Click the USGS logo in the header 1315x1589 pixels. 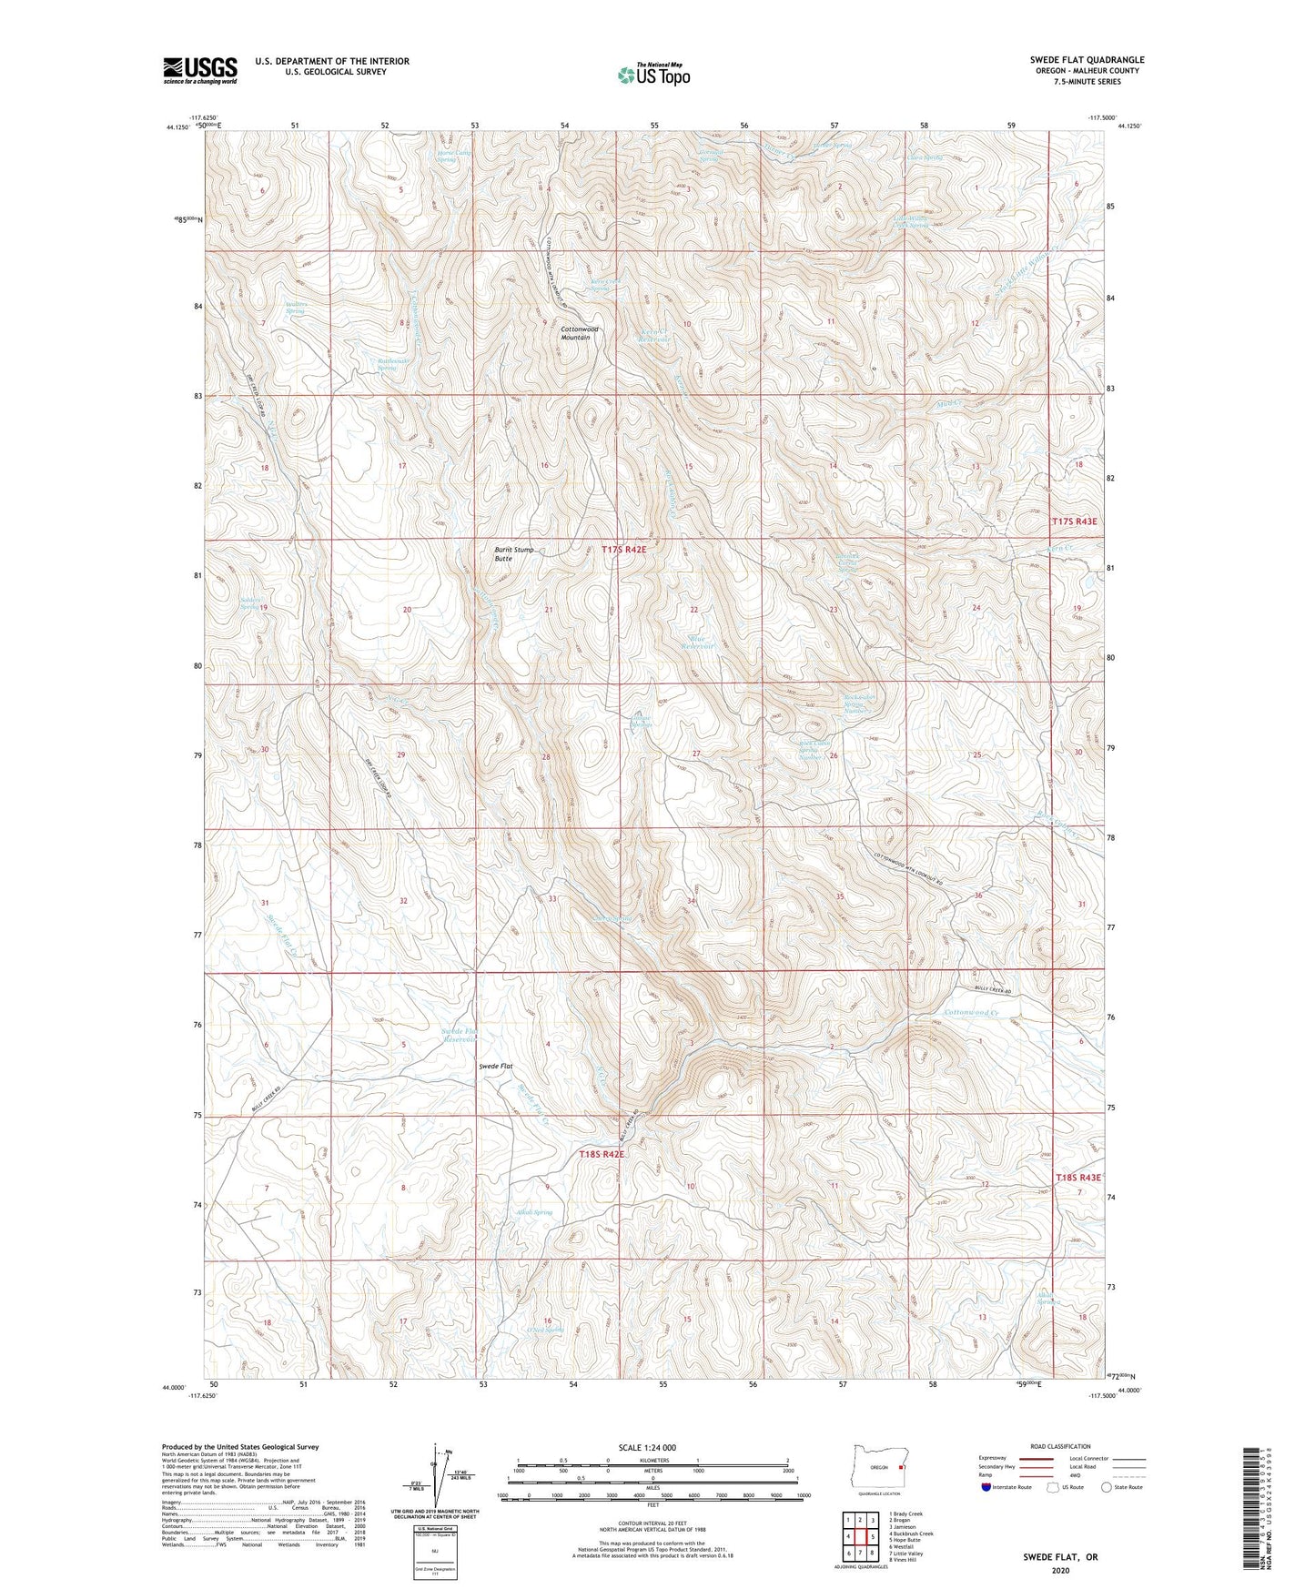point(200,70)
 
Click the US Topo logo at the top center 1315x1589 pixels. point(653,76)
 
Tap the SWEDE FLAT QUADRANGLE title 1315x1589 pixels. point(1087,60)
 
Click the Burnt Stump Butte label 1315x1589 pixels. point(515,554)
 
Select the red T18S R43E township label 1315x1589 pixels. point(1077,1178)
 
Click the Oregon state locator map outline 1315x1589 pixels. point(877,1468)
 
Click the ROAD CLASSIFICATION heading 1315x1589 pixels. point(1061,1446)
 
